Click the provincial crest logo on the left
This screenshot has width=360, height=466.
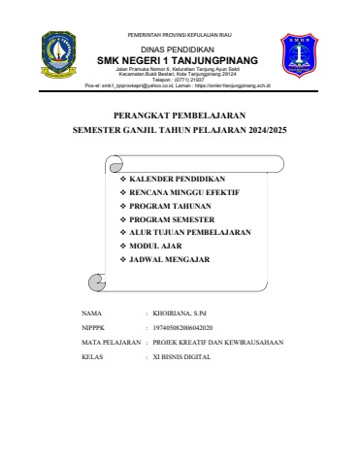[x=59, y=56]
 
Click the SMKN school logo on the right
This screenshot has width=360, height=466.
[x=298, y=56]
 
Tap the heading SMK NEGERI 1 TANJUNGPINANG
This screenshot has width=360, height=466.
[x=180, y=61]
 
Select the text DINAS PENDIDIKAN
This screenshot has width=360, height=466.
[x=180, y=50]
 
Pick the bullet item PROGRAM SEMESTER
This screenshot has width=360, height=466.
[x=173, y=220]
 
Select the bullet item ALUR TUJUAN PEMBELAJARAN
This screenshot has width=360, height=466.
[x=190, y=234]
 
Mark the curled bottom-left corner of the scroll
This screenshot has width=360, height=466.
[x=96, y=283]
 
